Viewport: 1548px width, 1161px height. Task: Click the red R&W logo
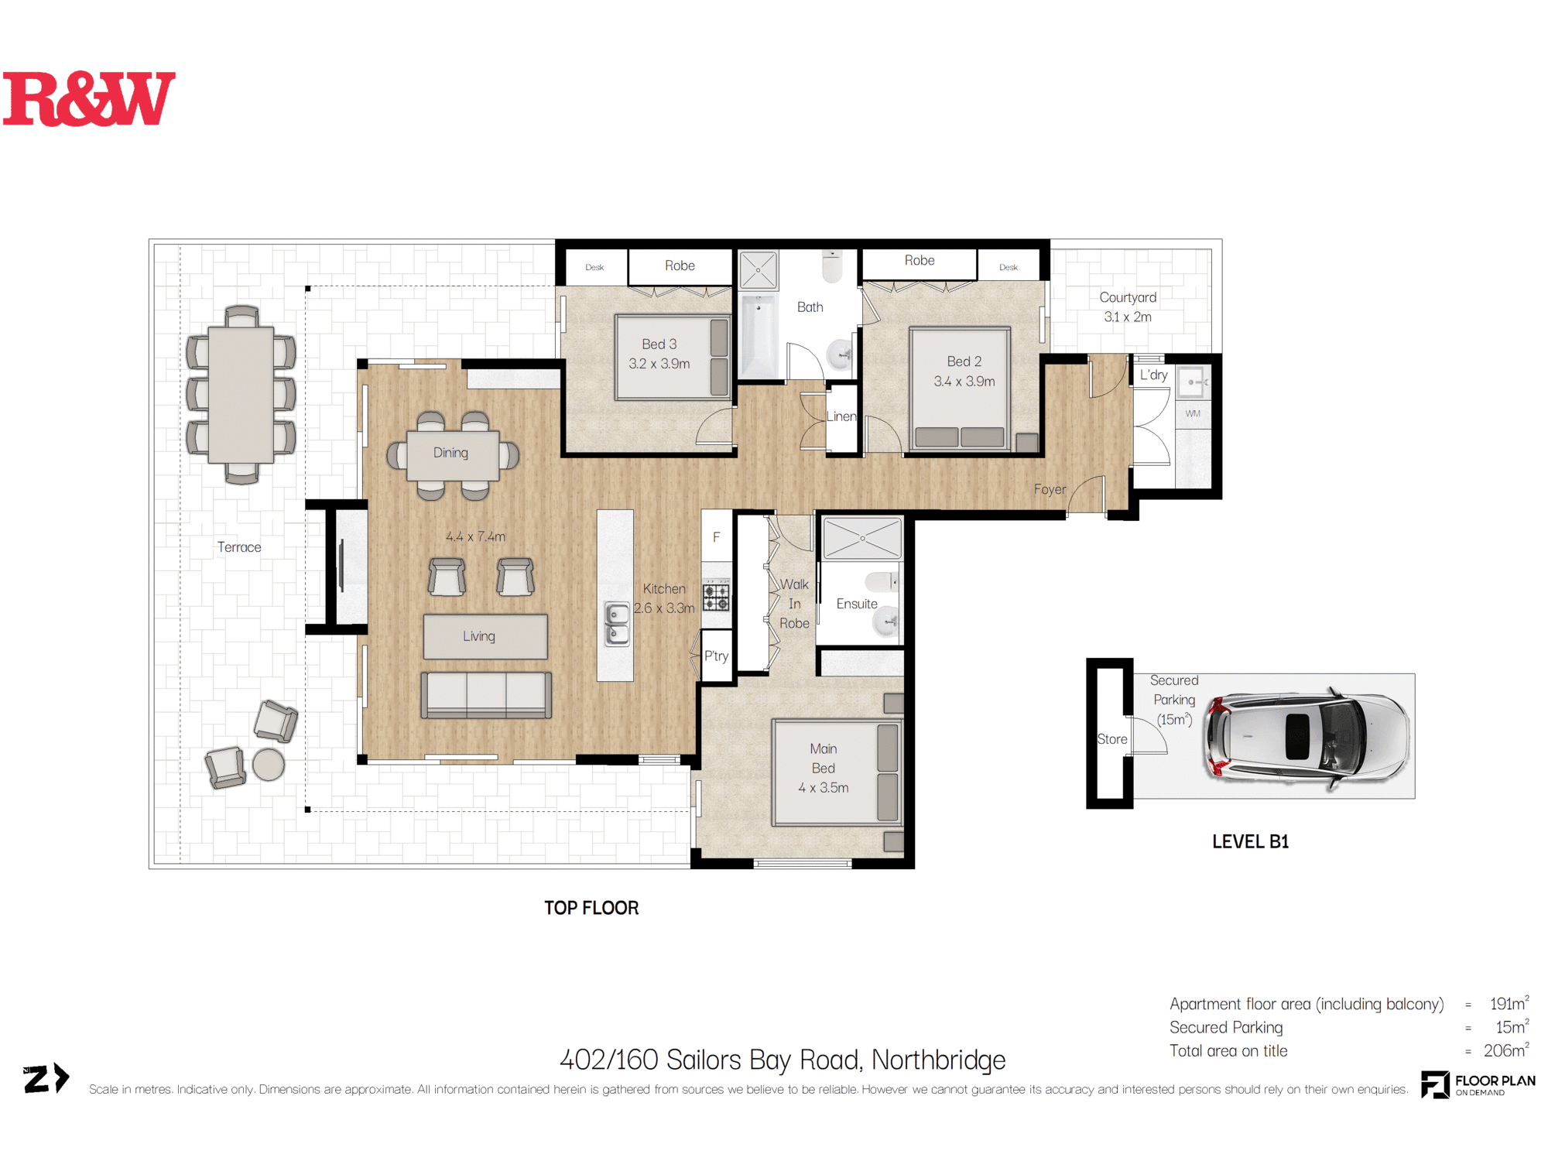tap(89, 99)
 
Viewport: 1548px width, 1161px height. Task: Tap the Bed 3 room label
tap(659, 344)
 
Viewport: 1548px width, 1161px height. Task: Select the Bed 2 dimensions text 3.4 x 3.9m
tap(964, 382)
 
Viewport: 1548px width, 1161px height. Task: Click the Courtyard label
tap(1128, 298)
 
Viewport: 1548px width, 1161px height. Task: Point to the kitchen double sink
tap(617, 625)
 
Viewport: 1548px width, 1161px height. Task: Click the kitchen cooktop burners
tap(716, 597)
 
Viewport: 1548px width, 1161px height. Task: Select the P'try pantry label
tap(716, 656)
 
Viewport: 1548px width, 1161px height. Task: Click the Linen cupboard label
tap(841, 416)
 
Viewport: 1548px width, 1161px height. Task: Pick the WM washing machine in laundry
tap(1193, 413)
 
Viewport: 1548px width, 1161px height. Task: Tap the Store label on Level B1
tap(1111, 739)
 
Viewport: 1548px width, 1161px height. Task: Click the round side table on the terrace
tap(269, 765)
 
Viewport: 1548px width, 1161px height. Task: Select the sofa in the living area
tap(486, 695)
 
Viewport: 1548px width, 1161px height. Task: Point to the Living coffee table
tap(485, 637)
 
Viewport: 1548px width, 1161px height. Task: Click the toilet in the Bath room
tap(832, 266)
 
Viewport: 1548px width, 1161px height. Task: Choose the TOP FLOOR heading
tap(591, 908)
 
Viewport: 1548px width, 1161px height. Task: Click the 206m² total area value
tap(1505, 1050)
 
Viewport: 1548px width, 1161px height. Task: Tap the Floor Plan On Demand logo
tap(1478, 1084)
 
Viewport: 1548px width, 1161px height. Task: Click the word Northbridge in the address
tap(938, 1060)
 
